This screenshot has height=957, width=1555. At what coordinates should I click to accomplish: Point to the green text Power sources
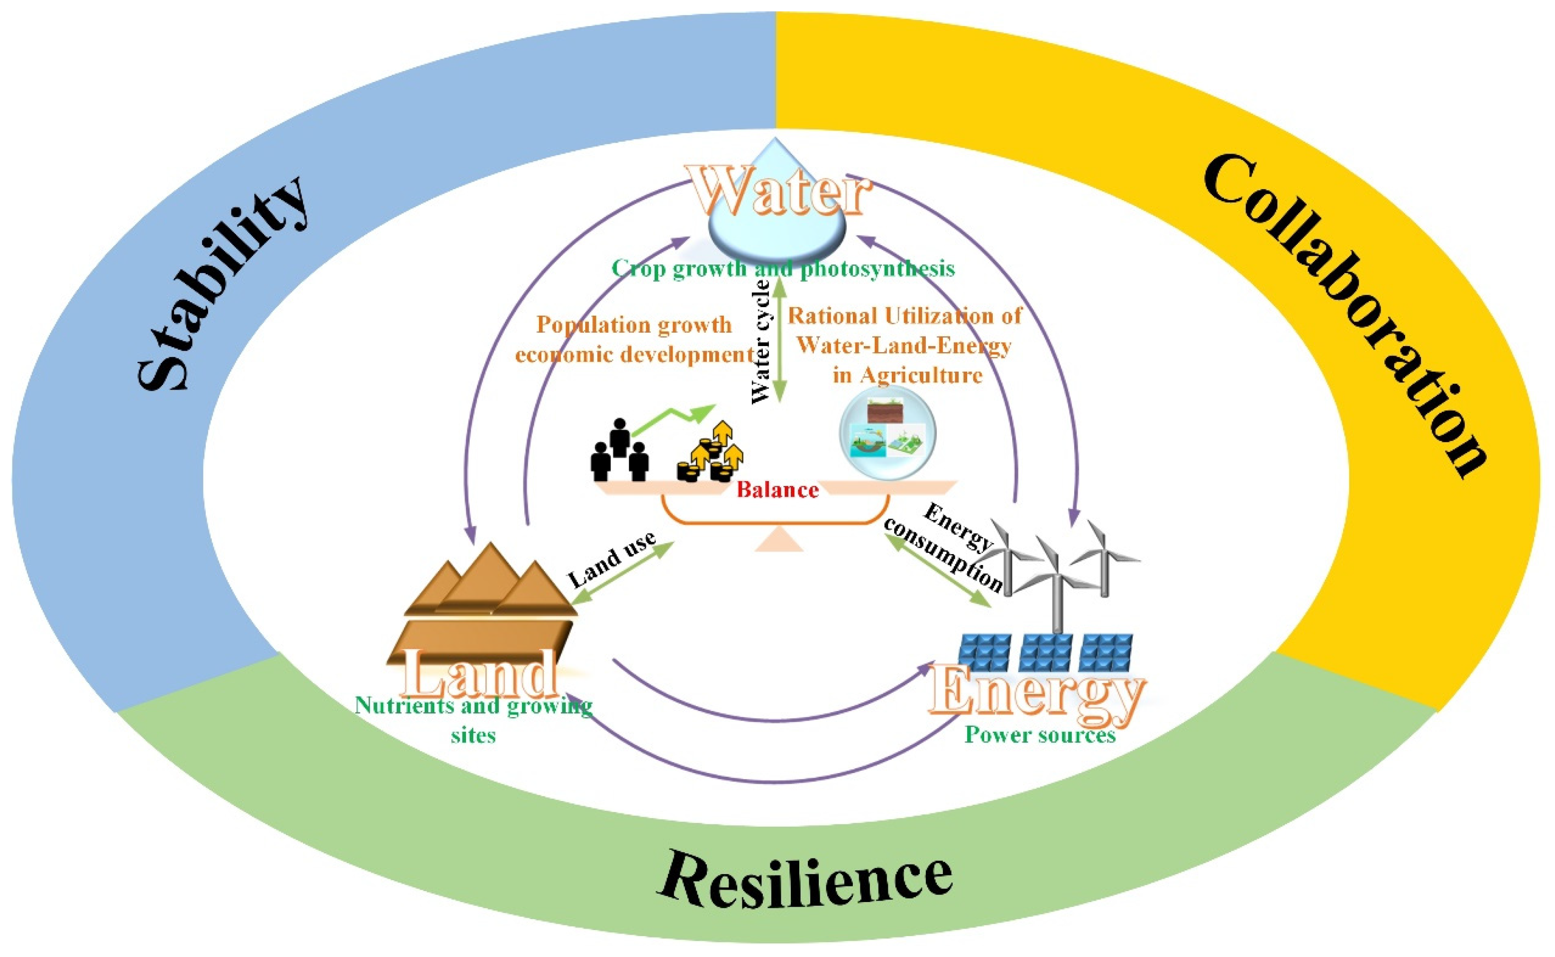click(x=1040, y=735)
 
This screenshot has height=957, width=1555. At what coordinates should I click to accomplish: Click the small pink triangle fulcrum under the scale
click(x=779, y=541)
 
